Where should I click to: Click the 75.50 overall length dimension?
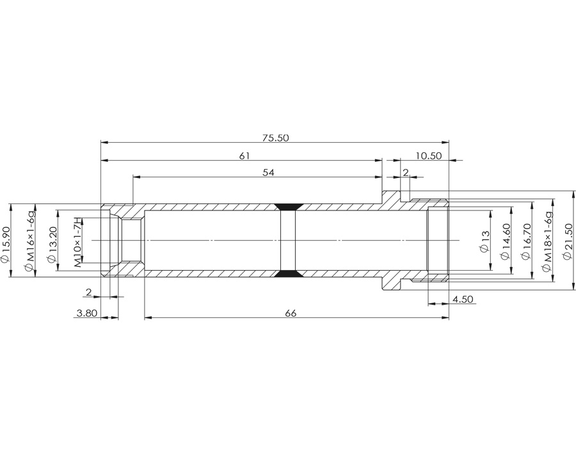coord(275,138)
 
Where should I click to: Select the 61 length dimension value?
coord(244,156)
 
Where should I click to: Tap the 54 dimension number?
coord(269,172)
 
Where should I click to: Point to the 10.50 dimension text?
coord(429,156)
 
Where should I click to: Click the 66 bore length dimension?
coord(290,313)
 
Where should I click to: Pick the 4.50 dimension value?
coord(463,299)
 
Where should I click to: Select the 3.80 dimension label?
coord(86,313)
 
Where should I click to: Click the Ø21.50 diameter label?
coord(568,241)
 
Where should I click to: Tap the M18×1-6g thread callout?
coord(547,241)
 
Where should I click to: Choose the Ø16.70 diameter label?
coord(527,241)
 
